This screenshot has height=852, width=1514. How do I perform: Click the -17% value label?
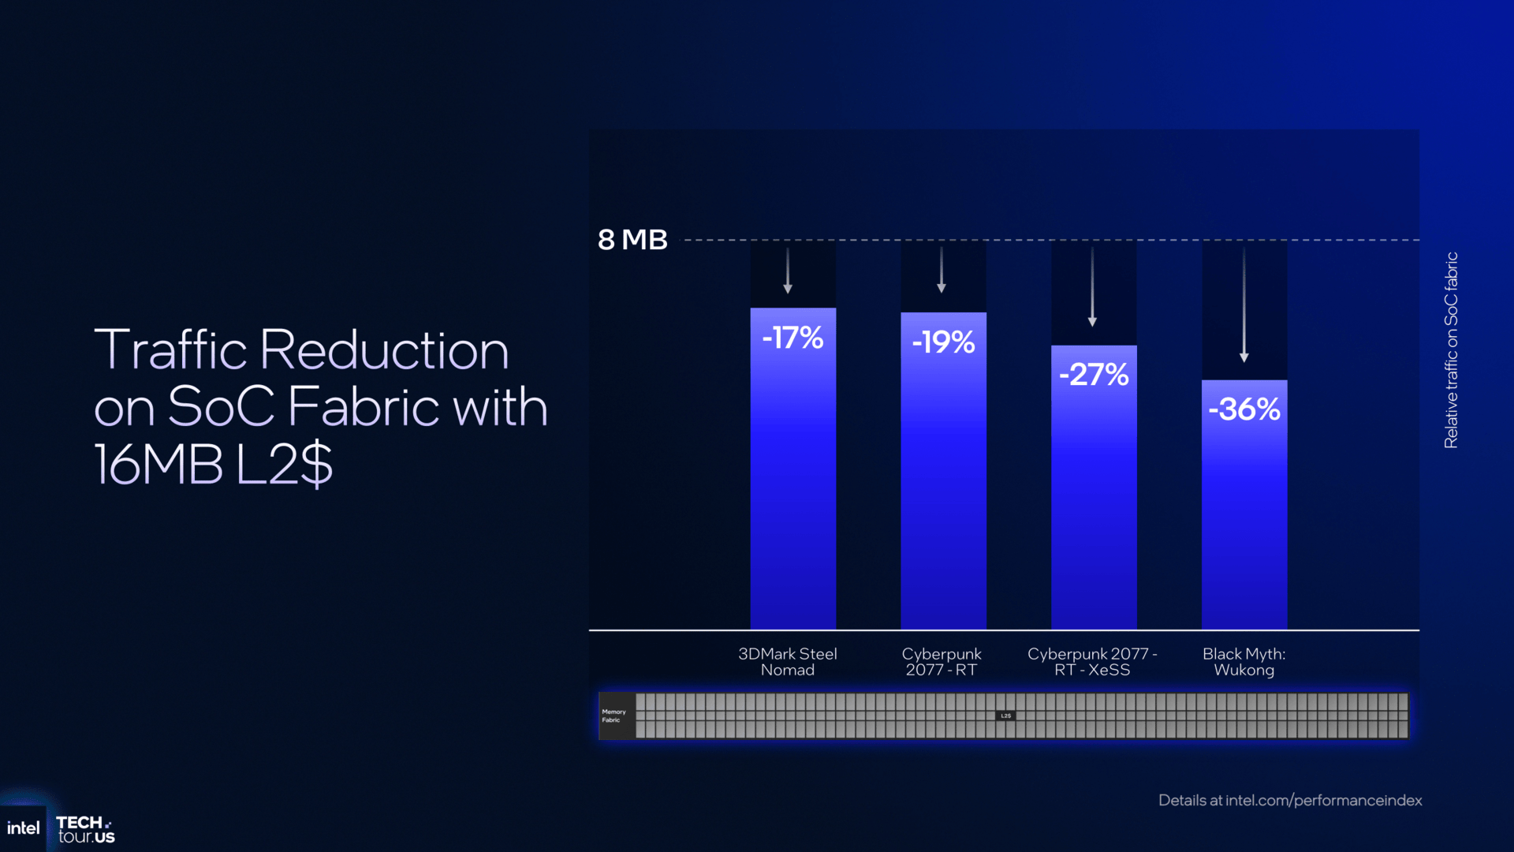coord(792,338)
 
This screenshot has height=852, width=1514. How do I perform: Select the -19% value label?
coord(943,342)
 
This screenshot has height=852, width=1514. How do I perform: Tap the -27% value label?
coord(1094,375)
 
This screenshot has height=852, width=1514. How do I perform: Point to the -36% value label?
coord(1244,409)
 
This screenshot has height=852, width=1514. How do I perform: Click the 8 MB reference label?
coord(632,240)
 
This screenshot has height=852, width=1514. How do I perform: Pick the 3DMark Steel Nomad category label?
coord(788,662)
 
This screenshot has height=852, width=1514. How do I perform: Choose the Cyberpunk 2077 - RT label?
coord(942,662)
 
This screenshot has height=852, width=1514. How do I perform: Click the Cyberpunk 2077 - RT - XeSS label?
coord(1092,662)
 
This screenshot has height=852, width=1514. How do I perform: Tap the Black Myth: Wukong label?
coord(1244,662)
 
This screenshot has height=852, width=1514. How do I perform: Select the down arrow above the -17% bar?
coord(787,271)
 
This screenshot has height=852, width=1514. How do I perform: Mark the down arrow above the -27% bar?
coord(1092,288)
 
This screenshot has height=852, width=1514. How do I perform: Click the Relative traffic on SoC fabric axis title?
coord(1451,350)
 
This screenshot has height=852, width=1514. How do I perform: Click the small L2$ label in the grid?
coord(1005,716)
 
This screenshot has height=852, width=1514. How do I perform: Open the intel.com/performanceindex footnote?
coord(1290,800)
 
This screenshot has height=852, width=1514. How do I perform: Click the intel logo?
coord(23,828)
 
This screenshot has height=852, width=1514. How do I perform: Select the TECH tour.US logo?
coord(85,830)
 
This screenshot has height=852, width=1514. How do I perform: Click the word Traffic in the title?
coord(170,349)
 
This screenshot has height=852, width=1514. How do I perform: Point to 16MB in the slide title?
coord(158,464)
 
